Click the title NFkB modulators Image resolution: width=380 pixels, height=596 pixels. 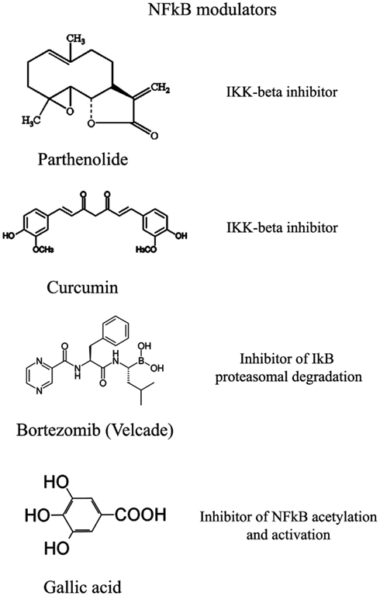tap(212, 9)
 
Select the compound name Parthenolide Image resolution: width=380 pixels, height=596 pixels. tap(83, 159)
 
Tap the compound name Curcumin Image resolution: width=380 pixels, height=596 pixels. tap(82, 287)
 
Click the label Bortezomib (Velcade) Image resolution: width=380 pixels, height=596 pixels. tap(95, 430)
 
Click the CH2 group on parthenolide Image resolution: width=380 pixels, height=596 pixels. tap(160, 90)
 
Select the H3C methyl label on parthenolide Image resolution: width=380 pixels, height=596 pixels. tap(30, 121)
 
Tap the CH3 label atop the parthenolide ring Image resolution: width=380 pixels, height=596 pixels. tap(76, 39)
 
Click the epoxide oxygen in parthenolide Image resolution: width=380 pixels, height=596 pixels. tap(68, 112)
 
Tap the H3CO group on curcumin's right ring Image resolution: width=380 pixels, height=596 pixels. tap(146, 249)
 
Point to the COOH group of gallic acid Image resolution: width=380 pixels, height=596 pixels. tap(140, 515)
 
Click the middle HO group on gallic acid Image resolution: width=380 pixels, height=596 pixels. tap(37, 515)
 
